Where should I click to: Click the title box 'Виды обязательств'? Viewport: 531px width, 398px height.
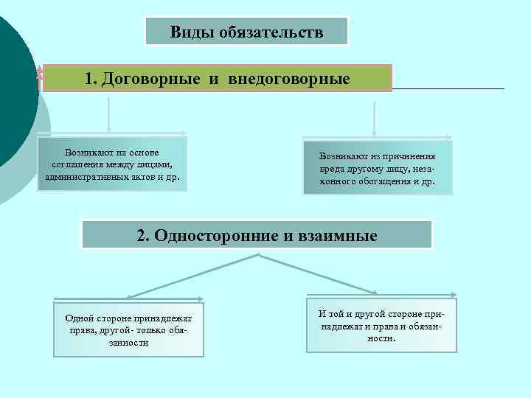[246, 32]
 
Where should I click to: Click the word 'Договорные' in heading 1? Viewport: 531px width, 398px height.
[149, 78]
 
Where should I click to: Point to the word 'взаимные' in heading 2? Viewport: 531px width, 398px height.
[341, 236]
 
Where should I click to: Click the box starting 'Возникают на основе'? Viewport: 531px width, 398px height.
[112, 164]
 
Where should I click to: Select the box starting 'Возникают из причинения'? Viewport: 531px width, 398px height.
[377, 168]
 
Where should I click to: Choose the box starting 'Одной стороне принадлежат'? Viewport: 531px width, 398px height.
[128, 330]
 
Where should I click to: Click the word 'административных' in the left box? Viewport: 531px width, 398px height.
[83, 178]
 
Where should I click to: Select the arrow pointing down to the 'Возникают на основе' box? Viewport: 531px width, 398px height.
[110, 114]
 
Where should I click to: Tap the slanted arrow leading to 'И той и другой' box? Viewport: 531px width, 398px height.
[317, 274]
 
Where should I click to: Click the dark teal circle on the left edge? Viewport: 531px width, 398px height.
[13, 88]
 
